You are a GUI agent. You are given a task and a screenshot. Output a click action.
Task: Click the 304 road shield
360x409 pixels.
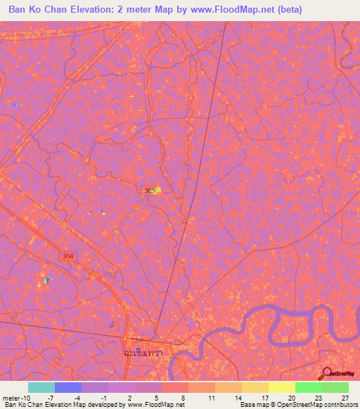(86, 257)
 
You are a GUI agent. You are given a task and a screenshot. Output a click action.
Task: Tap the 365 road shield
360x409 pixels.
(147, 190)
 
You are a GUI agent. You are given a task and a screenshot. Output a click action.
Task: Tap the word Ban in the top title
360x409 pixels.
(19, 10)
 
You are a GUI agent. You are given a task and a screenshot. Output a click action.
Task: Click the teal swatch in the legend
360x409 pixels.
(41, 387)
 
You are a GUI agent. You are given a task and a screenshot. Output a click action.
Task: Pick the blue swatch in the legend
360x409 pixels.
(67, 387)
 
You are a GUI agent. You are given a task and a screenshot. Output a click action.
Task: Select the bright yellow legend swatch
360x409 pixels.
(281, 387)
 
